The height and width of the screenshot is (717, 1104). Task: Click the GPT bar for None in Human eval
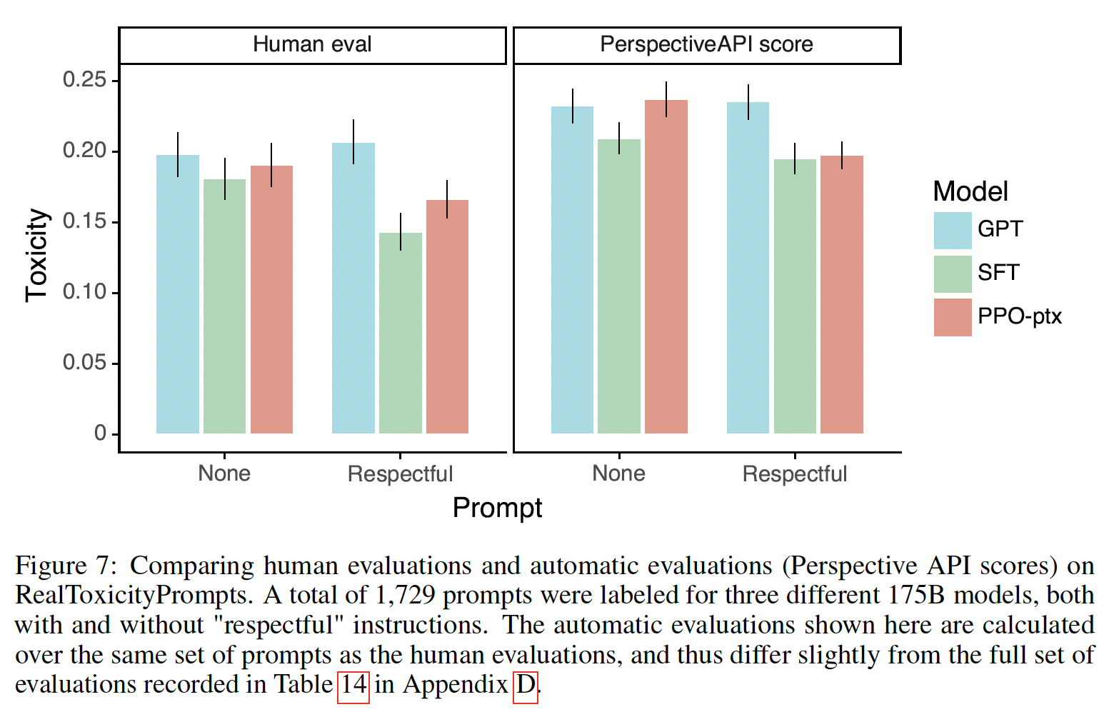(178, 294)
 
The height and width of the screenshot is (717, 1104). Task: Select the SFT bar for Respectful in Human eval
(401, 333)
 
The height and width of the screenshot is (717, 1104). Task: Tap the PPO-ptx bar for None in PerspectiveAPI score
(666, 266)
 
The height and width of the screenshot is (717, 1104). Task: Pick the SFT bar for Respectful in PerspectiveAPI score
(795, 296)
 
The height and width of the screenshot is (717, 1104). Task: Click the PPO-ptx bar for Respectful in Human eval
(447, 316)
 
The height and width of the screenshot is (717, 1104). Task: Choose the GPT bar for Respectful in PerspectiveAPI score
(748, 268)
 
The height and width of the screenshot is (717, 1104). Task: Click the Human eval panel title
(312, 44)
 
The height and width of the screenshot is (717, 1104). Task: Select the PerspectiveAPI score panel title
(706, 44)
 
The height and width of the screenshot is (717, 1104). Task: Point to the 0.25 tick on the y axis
(84, 80)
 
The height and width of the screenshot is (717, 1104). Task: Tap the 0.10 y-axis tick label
(84, 292)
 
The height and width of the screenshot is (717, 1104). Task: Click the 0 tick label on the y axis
(100, 433)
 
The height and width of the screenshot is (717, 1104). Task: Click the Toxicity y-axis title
(37, 256)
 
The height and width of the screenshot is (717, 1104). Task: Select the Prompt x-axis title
(497, 508)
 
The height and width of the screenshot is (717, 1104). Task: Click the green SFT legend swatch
(953, 274)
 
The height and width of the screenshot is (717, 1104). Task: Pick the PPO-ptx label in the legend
(1019, 316)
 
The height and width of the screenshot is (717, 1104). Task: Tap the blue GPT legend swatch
(953, 230)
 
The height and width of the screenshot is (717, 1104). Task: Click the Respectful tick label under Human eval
(400, 474)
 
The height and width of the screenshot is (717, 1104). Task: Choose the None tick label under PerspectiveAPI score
(618, 473)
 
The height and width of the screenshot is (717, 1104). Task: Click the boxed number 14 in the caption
(353, 685)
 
